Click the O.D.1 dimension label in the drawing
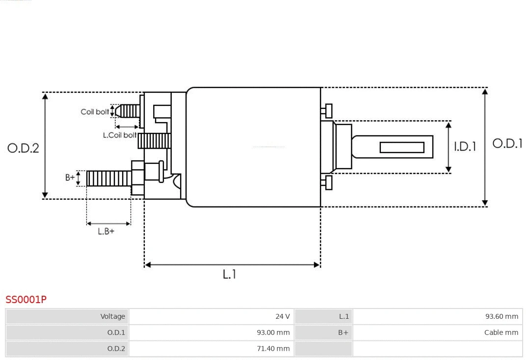pos(507,144)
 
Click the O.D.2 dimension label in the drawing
pos(23,148)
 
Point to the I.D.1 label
pos(465,147)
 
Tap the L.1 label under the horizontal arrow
pos(230,275)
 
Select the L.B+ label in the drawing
pos(106,231)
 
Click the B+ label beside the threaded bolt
pos(70,178)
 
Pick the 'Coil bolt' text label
pos(95,112)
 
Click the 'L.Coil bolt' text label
pos(120,135)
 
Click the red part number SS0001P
pos(26,299)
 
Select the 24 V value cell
pos(212,316)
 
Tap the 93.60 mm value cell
pos(438,316)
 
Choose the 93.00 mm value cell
pos(212,333)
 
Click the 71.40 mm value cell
pos(212,349)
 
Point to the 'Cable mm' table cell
pos(438,333)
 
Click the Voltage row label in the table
pos(68,316)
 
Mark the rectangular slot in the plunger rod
pos(402,147)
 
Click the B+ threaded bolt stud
pos(108,179)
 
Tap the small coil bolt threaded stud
pos(129,111)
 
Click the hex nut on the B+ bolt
pos(137,178)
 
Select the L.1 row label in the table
pos(323,316)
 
